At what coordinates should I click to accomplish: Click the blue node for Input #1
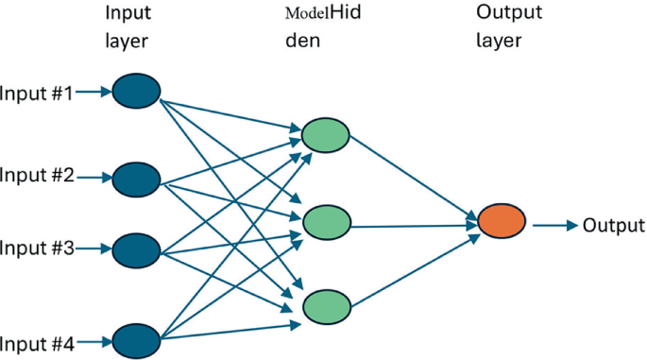tap(137, 92)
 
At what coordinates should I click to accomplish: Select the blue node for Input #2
tap(137, 177)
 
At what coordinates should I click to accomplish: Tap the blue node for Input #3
tap(137, 249)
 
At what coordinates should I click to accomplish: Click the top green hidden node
tap(325, 135)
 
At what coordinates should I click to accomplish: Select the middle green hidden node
tap(325, 224)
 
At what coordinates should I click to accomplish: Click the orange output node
tap(501, 224)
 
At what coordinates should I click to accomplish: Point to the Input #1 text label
tap(36, 93)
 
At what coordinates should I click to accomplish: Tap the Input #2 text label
tap(36, 176)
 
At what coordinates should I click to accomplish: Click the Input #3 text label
tap(36, 249)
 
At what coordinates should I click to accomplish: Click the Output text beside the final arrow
tap(614, 225)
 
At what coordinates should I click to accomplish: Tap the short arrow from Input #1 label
tap(93, 93)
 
